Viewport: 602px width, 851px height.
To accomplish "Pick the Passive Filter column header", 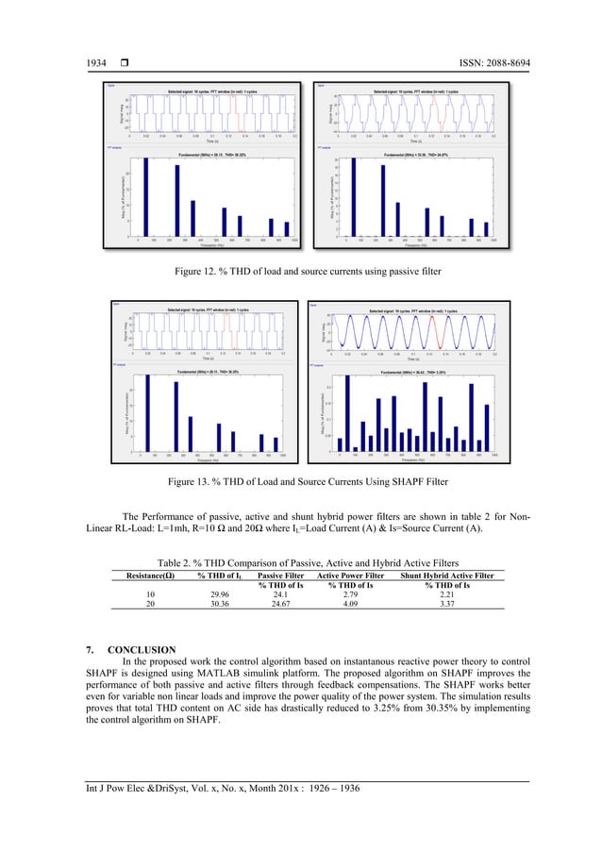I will click(x=280, y=574).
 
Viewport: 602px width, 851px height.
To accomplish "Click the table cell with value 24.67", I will click(x=280, y=605).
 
